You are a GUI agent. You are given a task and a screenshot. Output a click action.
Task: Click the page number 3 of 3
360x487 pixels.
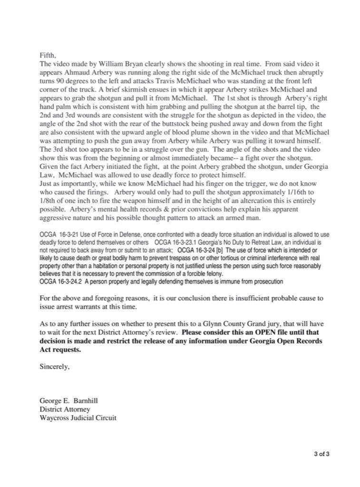(322, 453)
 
